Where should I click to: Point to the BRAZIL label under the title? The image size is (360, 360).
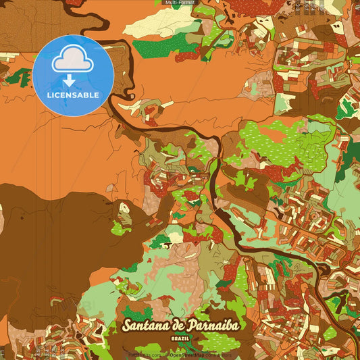(180, 337)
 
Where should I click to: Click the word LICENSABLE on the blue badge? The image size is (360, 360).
(72, 94)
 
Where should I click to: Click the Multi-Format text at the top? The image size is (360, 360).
(180, 3)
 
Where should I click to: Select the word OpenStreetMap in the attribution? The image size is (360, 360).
(187, 354)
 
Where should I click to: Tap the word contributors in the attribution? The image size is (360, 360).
(218, 354)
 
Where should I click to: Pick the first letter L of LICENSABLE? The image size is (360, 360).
(49, 94)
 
